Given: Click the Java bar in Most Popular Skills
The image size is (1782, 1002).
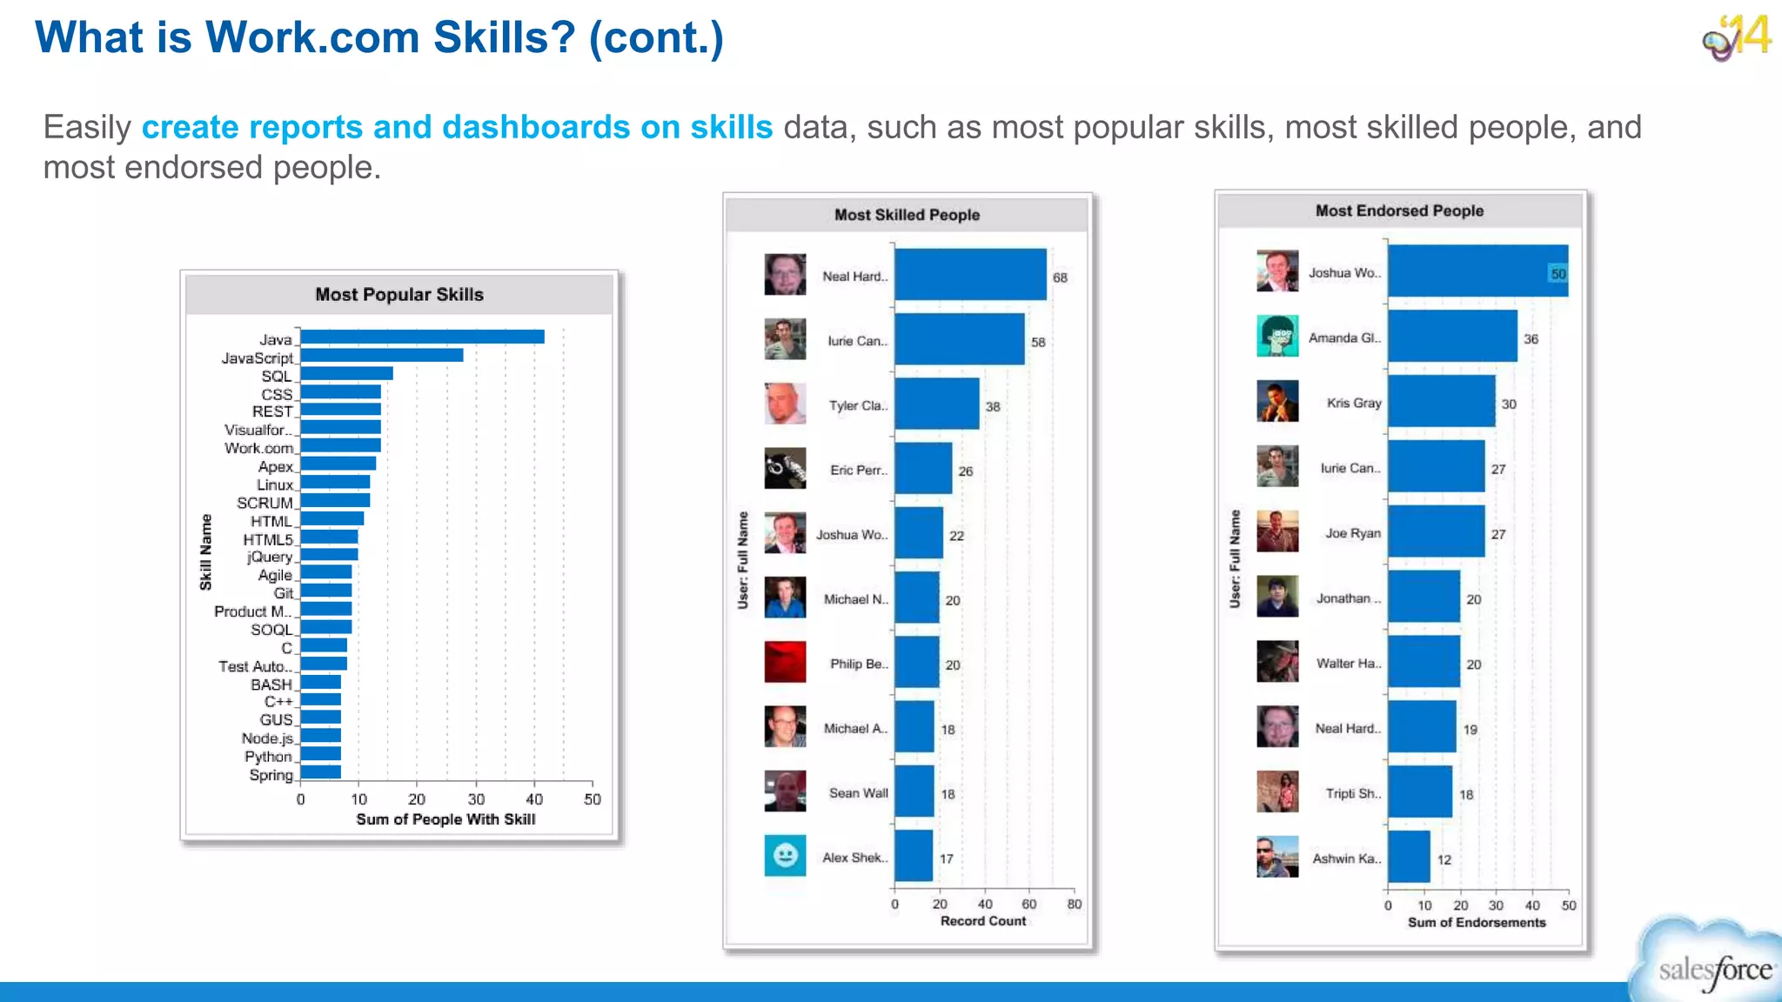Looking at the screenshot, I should point(422,337).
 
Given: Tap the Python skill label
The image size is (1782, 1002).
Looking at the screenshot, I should point(268,757).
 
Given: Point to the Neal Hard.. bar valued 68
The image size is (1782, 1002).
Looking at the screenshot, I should point(970,275).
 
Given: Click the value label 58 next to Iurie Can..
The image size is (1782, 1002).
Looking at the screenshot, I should point(1038,342).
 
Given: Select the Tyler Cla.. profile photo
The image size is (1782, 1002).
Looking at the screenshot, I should point(785,404).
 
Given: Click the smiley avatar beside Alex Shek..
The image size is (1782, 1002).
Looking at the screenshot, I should point(785,856).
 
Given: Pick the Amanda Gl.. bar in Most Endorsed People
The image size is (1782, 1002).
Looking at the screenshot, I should point(1452,337).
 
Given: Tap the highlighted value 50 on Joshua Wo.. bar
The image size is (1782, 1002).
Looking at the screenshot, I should point(1558,274).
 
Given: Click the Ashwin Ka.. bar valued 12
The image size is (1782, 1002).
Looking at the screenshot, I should point(1409,857).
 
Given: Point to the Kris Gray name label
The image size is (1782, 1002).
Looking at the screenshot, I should point(1353,403).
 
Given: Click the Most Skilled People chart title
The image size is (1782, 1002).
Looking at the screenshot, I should point(907,215).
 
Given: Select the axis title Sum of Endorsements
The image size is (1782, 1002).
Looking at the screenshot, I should point(1477,922).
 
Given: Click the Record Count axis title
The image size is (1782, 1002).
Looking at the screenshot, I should point(982,921).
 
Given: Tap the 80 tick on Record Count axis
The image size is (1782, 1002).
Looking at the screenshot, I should point(1074,905).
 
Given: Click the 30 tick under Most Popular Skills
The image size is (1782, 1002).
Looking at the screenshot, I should point(476,799).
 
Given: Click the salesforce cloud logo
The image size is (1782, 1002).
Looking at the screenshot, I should point(1711,965).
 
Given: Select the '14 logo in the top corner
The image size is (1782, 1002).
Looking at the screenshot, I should point(1737,37).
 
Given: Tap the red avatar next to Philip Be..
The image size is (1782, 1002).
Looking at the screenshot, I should point(785,662).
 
